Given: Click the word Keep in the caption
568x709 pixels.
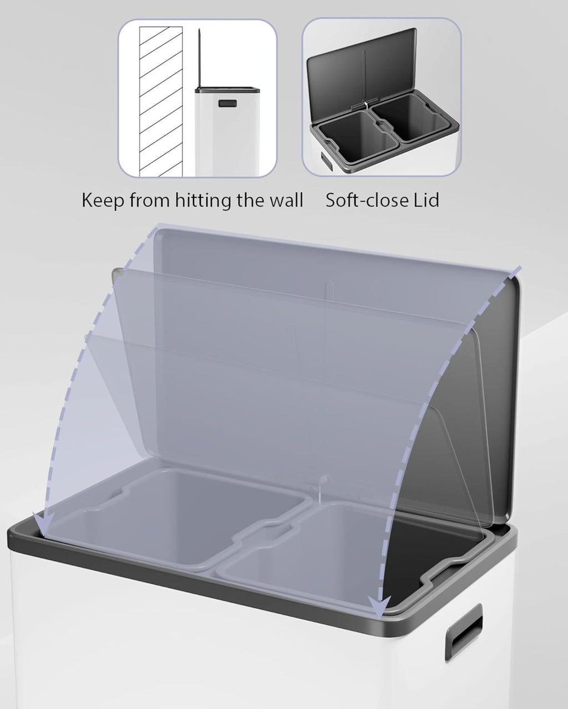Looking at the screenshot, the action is point(102,201).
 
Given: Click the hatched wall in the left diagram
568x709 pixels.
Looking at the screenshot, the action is point(161,101).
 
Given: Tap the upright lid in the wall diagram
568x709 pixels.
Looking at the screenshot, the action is point(199,59).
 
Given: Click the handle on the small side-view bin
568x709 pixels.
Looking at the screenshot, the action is point(227,104).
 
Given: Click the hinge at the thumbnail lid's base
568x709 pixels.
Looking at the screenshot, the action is point(366,105).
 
